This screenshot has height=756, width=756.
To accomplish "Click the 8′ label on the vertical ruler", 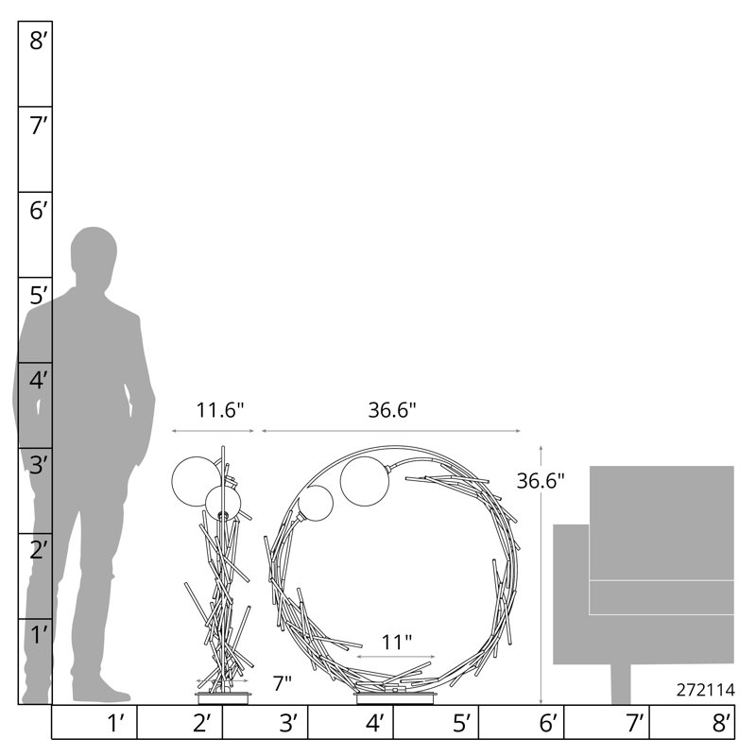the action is coord(39,41).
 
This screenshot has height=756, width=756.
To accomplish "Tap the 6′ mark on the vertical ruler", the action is coord(39,211).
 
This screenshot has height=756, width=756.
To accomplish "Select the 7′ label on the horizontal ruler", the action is coord(635,723).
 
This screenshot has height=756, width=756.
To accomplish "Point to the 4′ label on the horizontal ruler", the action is coord(374,723).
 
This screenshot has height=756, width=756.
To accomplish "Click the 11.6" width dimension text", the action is coord(220,410).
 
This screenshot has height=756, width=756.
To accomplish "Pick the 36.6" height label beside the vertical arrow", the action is coord(541,481).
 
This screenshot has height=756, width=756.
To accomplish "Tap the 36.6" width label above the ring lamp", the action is coord(392,410).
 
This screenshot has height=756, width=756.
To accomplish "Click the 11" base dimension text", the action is coord(397,643).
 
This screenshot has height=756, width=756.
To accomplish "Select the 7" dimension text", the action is coord(282,683).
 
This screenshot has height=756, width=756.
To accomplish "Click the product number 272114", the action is coord(705,690).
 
